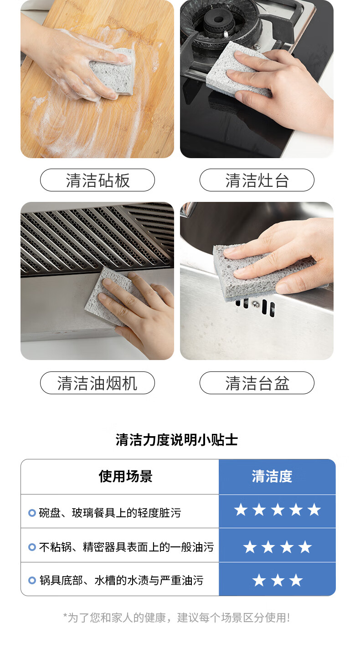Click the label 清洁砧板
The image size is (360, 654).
coord(98,180)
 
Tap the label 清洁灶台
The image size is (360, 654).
coord(257,180)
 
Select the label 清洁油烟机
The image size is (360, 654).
coord(97,383)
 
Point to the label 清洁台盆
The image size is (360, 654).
coord(257,383)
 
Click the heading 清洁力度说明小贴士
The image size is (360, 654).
coord(177,440)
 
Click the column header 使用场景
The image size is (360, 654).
coord(126,477)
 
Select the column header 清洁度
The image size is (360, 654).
coord(272,477)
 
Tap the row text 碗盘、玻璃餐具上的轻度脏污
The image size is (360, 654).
coord(110,513)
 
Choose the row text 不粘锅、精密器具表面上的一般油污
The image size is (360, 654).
coord(126,547)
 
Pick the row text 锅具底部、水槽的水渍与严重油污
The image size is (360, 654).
coord(122,580)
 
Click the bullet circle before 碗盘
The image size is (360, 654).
coord(32,513)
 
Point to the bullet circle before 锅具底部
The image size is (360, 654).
coord(32,580)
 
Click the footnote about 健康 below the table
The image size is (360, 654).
coord(177,618)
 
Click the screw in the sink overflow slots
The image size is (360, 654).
coord(256,304)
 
